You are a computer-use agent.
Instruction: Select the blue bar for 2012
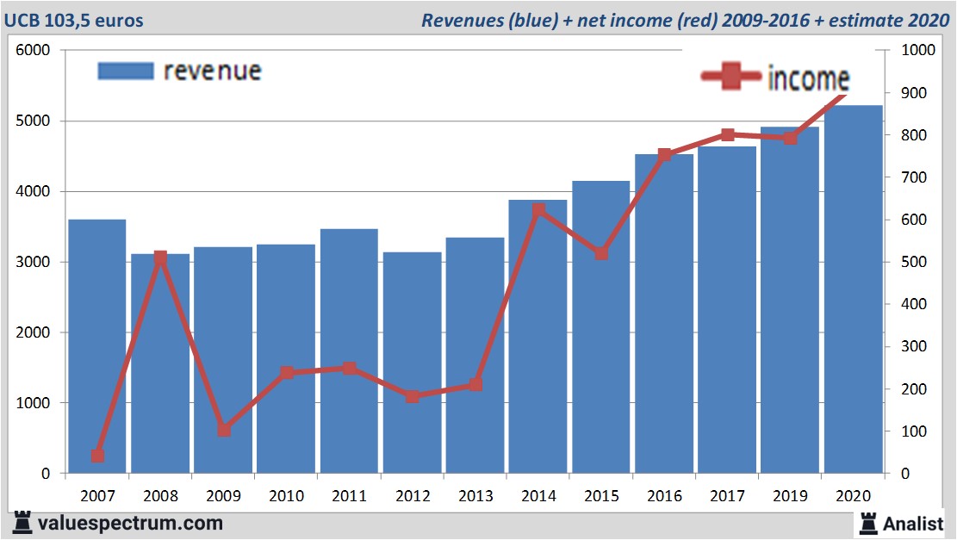[x=412, y=363]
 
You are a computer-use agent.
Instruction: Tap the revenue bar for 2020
[x=853, y=289]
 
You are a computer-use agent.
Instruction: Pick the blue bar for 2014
[x=538, y=337]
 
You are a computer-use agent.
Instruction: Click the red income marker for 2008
[x=160, y=258]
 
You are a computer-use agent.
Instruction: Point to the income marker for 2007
[x=97, y=456]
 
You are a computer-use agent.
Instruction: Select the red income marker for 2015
[x=601, y=253]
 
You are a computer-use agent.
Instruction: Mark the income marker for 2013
[x=475, y=384]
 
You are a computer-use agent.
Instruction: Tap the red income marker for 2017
[x=727, y=135]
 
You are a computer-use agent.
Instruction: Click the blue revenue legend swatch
[x=125, y=71]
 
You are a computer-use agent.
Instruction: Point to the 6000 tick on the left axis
[x=34, y=51]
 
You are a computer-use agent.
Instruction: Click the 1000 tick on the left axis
[x=34, y=403]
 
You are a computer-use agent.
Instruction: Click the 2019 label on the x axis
[x=790, y=496]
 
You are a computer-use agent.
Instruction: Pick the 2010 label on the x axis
[x=286, y=496]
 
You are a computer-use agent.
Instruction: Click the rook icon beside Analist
[x=868, y=522]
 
